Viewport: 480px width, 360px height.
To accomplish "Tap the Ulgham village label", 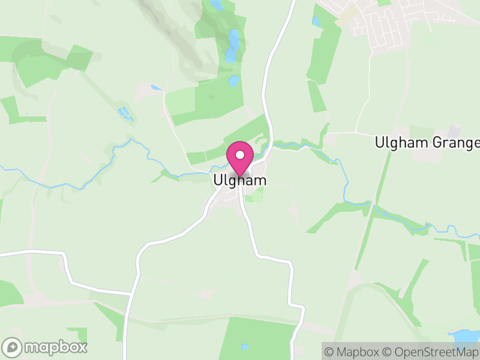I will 239,180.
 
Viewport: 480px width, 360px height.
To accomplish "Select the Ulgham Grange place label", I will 427,143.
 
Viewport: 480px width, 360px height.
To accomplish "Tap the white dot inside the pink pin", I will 240,155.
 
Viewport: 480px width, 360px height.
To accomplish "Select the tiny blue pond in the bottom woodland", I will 244,347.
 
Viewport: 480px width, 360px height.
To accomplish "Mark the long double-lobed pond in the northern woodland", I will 232,47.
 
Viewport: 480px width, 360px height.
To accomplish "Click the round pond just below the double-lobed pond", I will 234,80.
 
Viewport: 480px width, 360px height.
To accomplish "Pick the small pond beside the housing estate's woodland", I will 316,21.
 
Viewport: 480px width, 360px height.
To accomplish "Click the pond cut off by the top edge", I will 216,5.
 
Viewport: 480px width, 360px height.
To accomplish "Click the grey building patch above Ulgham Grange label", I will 454,131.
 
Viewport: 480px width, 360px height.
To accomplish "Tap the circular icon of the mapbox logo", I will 12,347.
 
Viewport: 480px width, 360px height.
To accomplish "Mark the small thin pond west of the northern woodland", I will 156,88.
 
